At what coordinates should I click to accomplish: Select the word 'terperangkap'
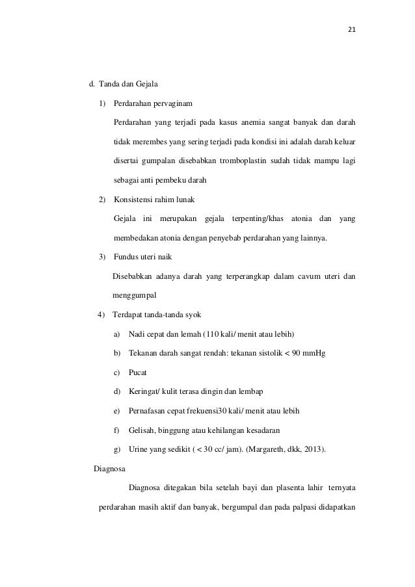coord(248,276)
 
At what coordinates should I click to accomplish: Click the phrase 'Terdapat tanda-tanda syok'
coord(157,315)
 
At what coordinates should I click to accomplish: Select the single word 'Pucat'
coord(138,372)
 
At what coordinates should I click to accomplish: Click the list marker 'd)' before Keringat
coord(117,392)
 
